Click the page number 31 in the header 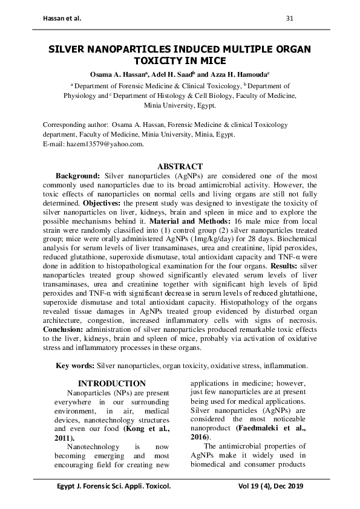coord(289,18)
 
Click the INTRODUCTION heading coord(113,383)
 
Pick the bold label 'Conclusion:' coord(66,329)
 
